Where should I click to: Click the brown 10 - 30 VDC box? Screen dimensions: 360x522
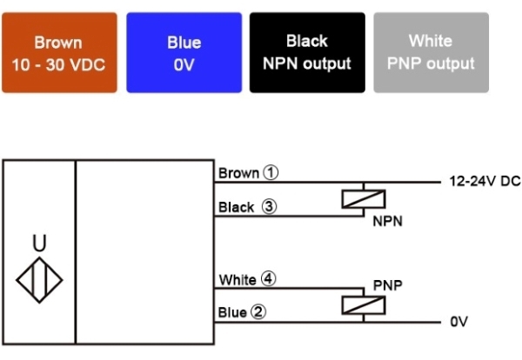(x=59, y=52)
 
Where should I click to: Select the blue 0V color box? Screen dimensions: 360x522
(x=184, y=52)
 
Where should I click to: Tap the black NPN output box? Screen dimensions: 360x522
(x=307, y=52)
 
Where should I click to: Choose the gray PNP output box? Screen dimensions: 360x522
(x=430, y=52)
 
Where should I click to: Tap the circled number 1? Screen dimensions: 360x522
(x=271, y=172)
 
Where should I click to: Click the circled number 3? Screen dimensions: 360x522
(x=269, y=207)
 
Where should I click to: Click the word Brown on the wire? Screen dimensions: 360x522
(x=239, y=173)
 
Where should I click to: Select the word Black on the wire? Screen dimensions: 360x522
(x=237, y=208)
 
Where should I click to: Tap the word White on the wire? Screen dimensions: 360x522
(x=238, y=280)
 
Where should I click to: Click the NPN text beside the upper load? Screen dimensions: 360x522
(x=387, y=222)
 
